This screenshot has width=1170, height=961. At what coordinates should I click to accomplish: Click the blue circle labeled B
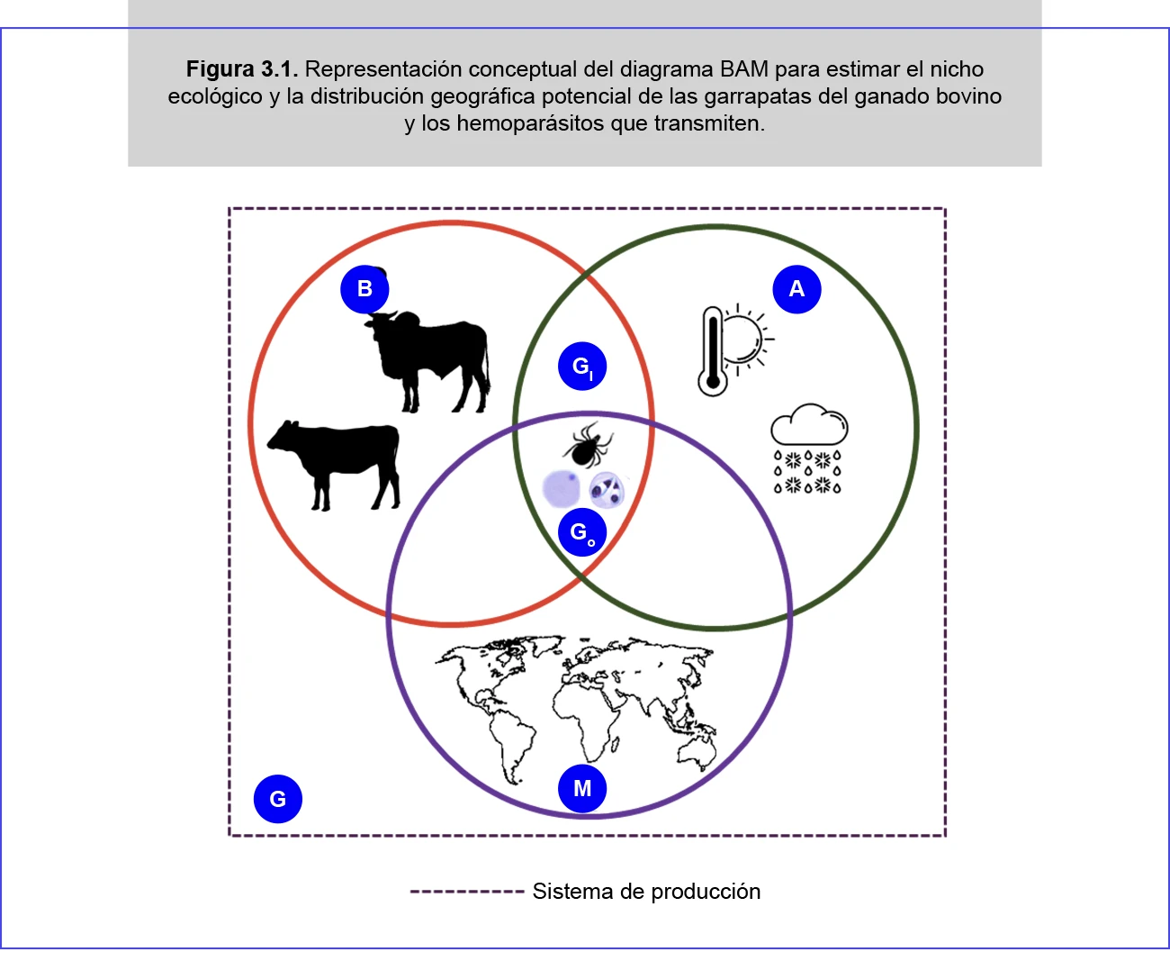pos(364,289)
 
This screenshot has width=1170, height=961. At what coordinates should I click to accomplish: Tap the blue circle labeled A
pos(796,289)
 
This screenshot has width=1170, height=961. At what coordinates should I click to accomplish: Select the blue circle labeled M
pos(582,789)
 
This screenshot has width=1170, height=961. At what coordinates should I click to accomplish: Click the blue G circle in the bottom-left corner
pos(277,799)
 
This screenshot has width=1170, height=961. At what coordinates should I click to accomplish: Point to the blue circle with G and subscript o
pos(581,532)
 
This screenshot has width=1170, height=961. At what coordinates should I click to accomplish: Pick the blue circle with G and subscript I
pos(581,367)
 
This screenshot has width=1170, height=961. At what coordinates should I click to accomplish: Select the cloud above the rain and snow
pos(809,424)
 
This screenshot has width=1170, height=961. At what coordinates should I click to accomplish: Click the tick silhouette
pos(587,444)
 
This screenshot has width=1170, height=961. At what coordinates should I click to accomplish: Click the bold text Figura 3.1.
pos(241,69)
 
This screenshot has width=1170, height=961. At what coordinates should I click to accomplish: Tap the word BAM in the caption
pos(743,69)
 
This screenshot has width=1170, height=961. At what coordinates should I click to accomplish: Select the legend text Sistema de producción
pos(646,892)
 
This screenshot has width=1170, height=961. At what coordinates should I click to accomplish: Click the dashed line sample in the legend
pos(466,892)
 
